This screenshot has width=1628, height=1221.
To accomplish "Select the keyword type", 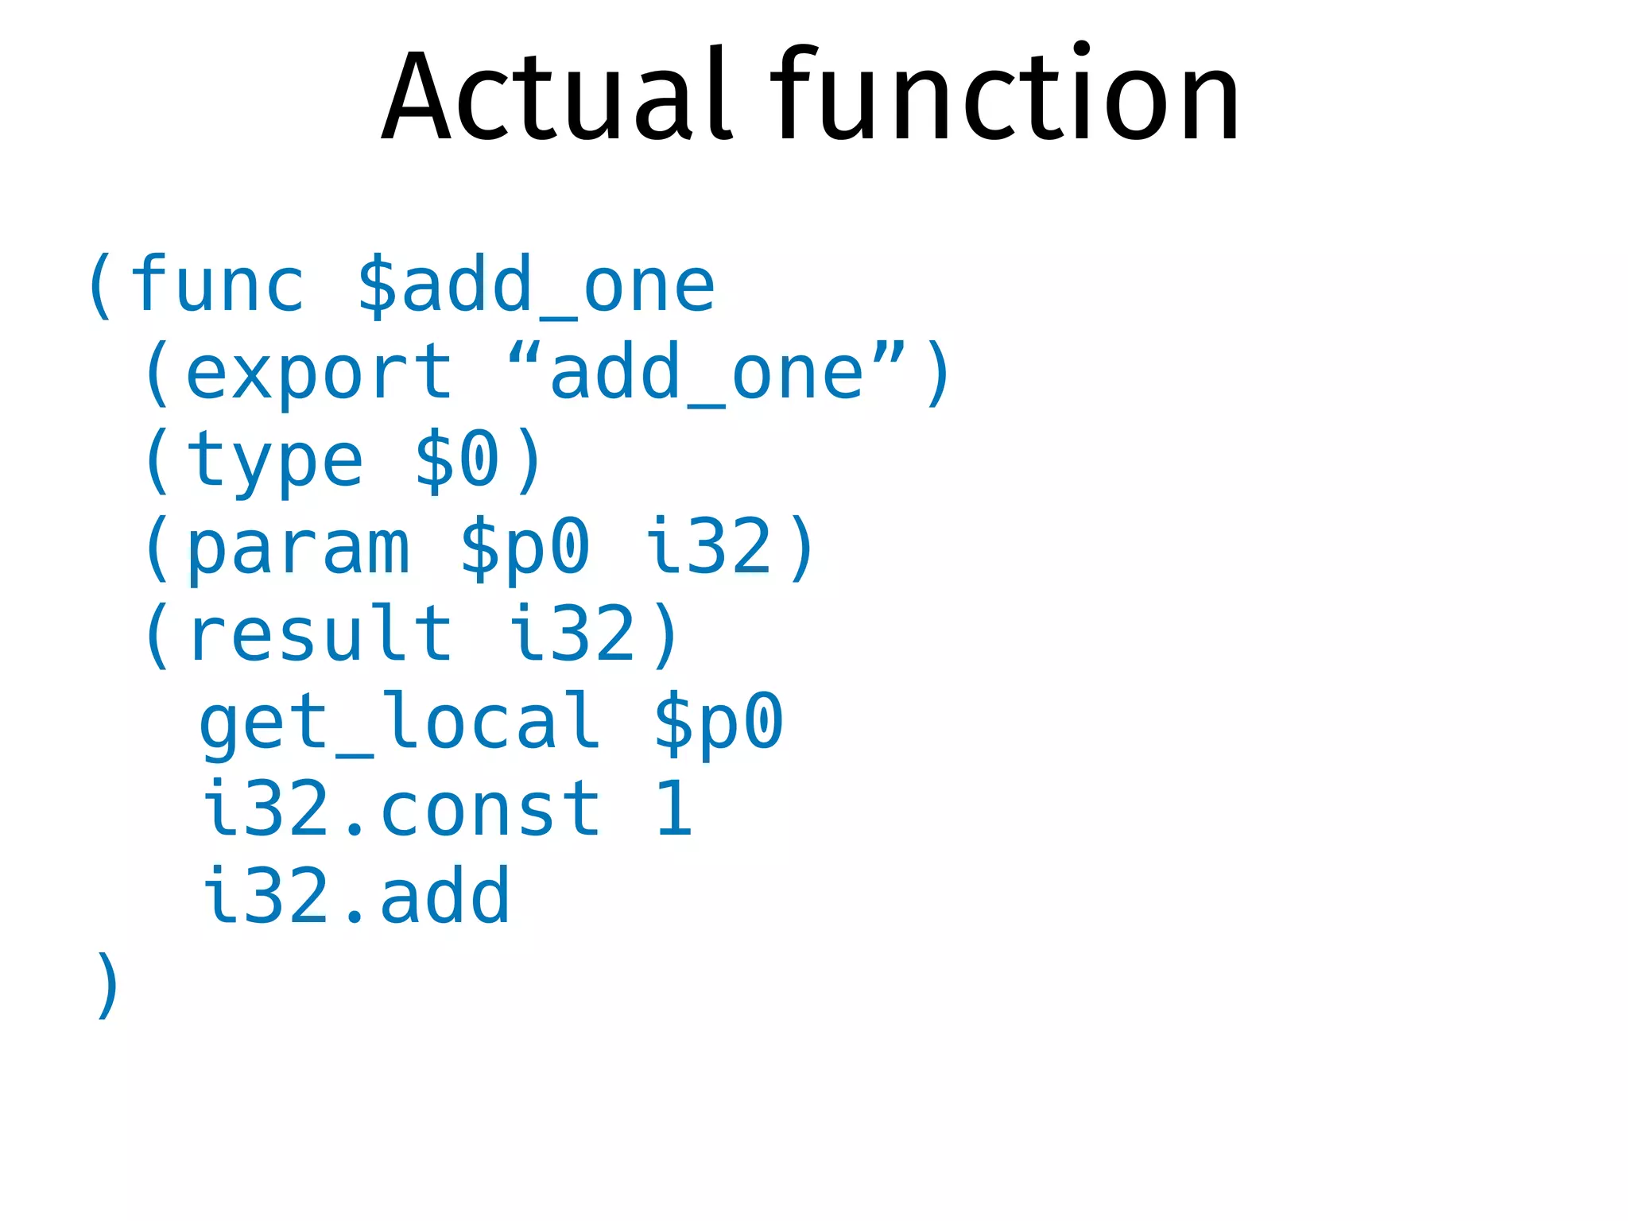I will (x=274, y=461).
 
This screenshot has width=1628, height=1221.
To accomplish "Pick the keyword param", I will (x=298, y=548).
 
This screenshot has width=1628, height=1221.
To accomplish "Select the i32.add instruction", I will (x=355, y=897).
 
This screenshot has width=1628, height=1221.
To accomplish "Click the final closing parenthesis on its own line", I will (x=107, y=985).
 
